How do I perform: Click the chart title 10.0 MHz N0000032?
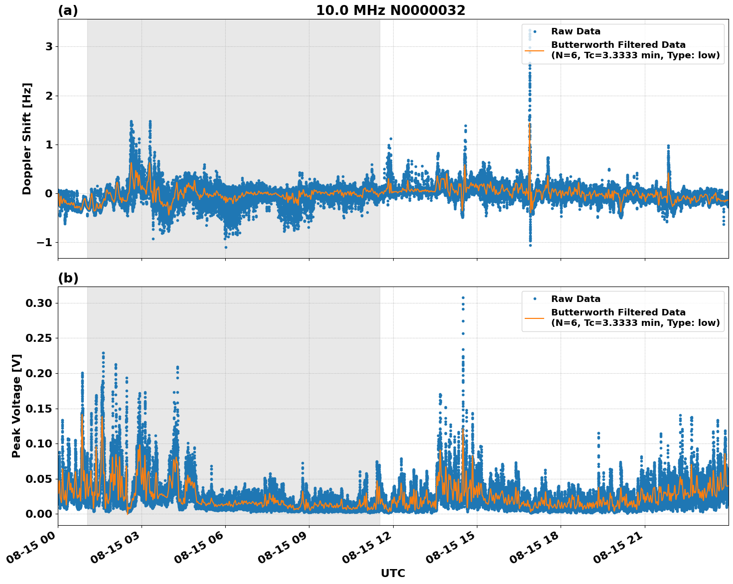coord(390,10)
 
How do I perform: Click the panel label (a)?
coord(68,10)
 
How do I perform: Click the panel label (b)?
coord(68,278)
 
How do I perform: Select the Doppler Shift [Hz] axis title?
coord(27,139)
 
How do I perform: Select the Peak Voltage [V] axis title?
coord(16,406)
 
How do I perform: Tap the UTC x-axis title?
coord(393,573)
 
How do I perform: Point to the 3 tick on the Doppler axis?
coord(49,47)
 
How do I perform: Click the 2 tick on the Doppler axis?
coord(49,96)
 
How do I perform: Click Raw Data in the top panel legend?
coord(576,31)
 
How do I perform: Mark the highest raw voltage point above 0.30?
coord(463,297)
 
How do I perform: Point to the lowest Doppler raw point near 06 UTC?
coord(226,247)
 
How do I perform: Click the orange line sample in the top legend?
coord(534,50)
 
